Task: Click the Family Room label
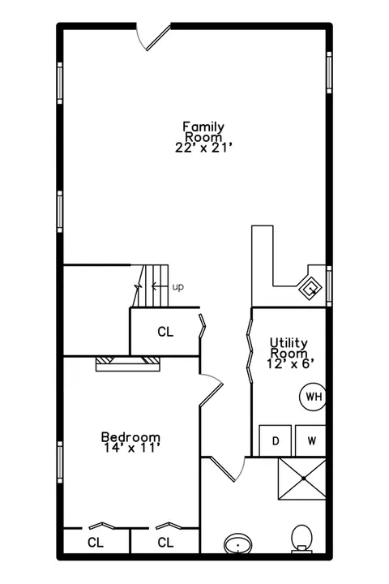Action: click(x=203, y=132)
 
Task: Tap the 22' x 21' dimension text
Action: click(x=204, y=148)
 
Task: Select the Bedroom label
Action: click(x=130, y=436)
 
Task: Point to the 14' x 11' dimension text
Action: click(x=132, y=448)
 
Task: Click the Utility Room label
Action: click(x=289, y=347)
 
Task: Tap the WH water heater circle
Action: click(x=313, y=397)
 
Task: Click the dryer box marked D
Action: click(x=275, y=440)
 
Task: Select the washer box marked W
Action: click(x=311, y=440)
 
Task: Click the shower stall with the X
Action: click(x=302, y=479)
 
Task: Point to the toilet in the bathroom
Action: click(x=302, y=539)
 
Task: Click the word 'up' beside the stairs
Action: click(x=178, y=287)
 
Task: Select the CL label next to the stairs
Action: click(x=165, y=332)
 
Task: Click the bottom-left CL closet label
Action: click(x=96, y=543)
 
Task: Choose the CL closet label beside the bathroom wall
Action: click(x=165, y=543)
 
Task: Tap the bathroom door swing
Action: click(x=228, y=468)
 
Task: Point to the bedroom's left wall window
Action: click(x=60, y=462)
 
